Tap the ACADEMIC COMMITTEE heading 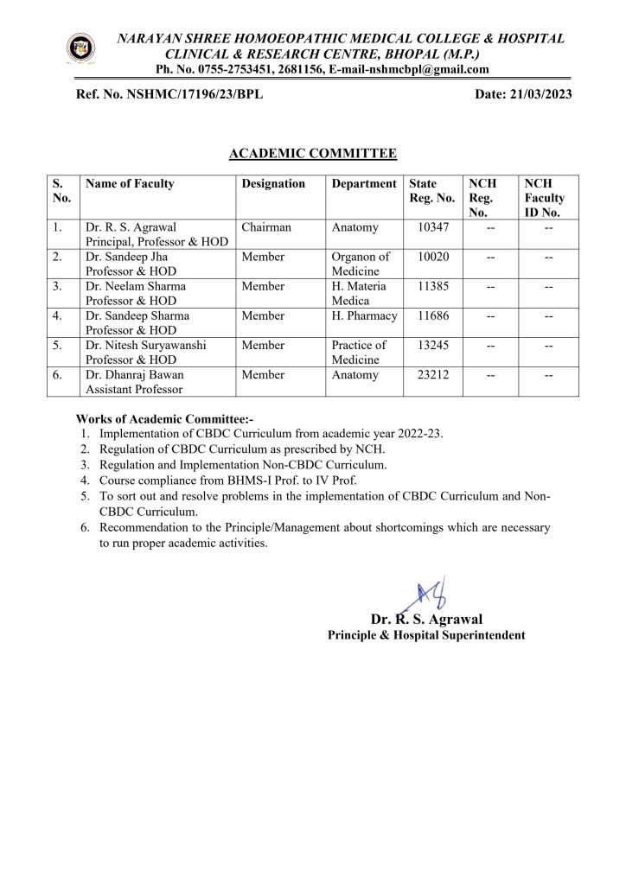pos(313,154)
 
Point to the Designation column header pos(273,184)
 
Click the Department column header pos(364,184)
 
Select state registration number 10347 pos(434,227)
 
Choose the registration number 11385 pos(434,286)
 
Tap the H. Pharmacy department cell pos(364,315)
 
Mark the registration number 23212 pos(434,374)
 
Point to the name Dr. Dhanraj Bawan pos(135,374)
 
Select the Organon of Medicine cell pos(361,264)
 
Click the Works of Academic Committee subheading pos(164,418)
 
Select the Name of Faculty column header pos(130,184)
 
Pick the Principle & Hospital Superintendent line pos(425,635)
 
